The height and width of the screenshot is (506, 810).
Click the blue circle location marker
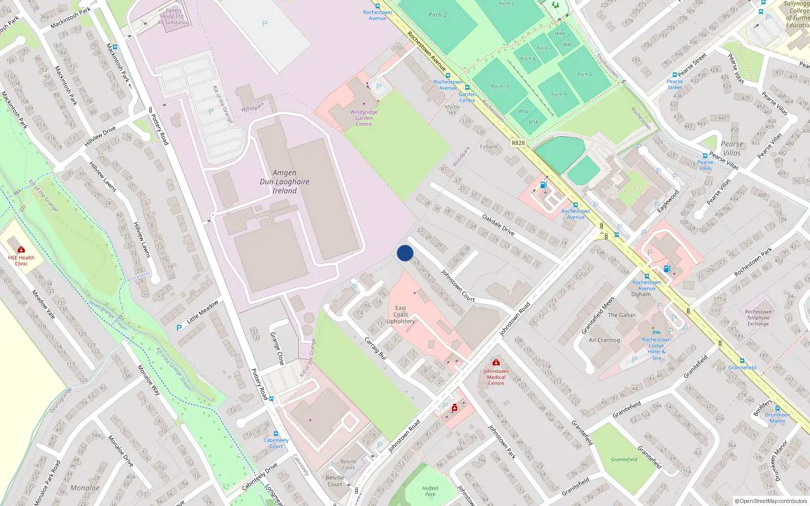click(405, 253)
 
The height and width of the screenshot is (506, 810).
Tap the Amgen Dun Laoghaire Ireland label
click(285, 182)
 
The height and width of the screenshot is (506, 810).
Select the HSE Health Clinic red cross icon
click(21, 250)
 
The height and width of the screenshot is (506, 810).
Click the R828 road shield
click(518, 143)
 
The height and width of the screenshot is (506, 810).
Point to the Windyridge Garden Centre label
click(363, 118)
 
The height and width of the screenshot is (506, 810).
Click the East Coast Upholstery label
click(400, 314)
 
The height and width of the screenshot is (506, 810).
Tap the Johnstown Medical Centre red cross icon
click(496, 363)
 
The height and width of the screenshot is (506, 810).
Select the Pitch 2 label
click(437, 15)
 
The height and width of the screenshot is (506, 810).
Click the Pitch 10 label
click(500, 87)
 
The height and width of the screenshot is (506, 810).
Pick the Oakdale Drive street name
click(498, 225)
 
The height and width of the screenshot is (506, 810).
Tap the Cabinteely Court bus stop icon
click(276, 434)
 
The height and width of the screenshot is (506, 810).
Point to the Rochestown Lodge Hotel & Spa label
click(656, 349)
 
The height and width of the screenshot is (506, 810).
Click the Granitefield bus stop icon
click(742, 361)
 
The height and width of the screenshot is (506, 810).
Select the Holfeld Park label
click(430, 491)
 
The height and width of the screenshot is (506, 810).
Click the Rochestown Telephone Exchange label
click(758, 318)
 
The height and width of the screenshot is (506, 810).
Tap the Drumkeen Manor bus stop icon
click(778, 408)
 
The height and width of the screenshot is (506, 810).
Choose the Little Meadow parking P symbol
click(179, 328)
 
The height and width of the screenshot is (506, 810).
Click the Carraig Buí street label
click(376, 348)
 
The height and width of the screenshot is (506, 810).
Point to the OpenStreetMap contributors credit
click(771, 501)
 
